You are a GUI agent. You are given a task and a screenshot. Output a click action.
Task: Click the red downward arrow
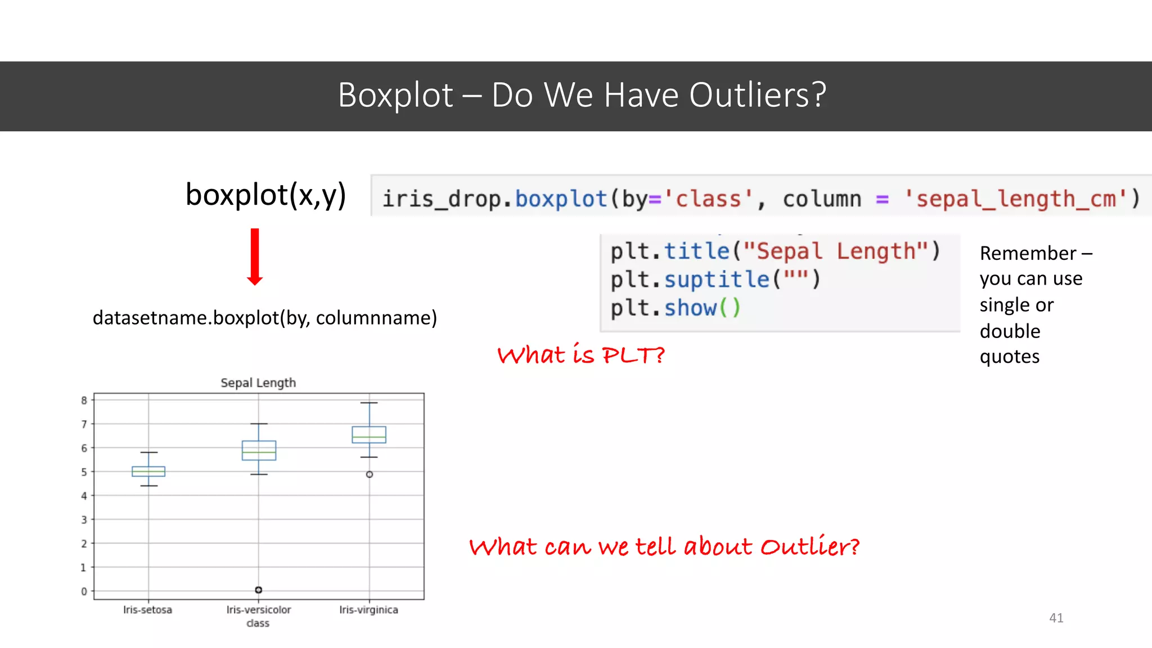(x=255, y=256)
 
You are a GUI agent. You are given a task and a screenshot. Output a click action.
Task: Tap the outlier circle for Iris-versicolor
(x=259, y=589)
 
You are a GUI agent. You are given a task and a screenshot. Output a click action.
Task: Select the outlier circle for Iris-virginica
(x=370, y=474)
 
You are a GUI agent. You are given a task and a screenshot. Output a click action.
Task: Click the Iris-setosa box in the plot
(x=148, y=471)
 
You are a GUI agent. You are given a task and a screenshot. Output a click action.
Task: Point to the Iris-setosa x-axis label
(x=148, y=610)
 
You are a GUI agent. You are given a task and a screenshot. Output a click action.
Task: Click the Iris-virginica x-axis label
(x=368, y=610)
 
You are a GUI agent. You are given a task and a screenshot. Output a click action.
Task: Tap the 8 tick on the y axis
(x=84, y=400)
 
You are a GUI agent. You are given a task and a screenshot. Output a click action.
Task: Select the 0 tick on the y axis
(x=84, y=591)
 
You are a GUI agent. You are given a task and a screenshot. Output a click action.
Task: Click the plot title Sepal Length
(x=258, y=383)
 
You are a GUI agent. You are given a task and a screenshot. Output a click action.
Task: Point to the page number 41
(x=1056, y=618)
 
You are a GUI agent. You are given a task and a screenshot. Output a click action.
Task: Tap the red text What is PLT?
(x=581, y=355)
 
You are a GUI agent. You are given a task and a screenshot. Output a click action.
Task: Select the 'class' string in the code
(x=708, y=199)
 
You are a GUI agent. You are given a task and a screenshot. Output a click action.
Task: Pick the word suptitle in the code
(x=717, y=280)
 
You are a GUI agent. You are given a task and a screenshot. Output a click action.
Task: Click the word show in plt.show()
(x=690, y=308)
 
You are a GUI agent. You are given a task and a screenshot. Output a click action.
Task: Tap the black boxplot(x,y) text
(x=265, y=195)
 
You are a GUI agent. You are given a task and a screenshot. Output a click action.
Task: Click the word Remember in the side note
(x=1028, y=253)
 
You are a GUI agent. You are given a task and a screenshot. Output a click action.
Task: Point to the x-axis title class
(x=258, y=623)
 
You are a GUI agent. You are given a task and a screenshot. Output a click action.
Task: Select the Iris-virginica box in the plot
(x=369, y=435)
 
